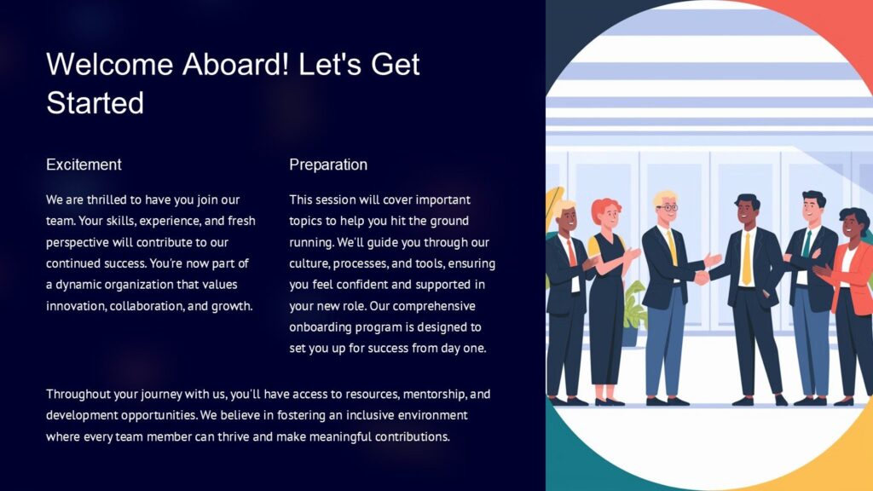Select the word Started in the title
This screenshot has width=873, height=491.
(95, 103)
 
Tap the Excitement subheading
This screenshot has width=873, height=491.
(84, 165)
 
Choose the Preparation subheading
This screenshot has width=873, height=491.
(328, 165)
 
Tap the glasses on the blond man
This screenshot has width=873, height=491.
(668, 207)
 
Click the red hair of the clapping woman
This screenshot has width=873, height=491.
(605, 207)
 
